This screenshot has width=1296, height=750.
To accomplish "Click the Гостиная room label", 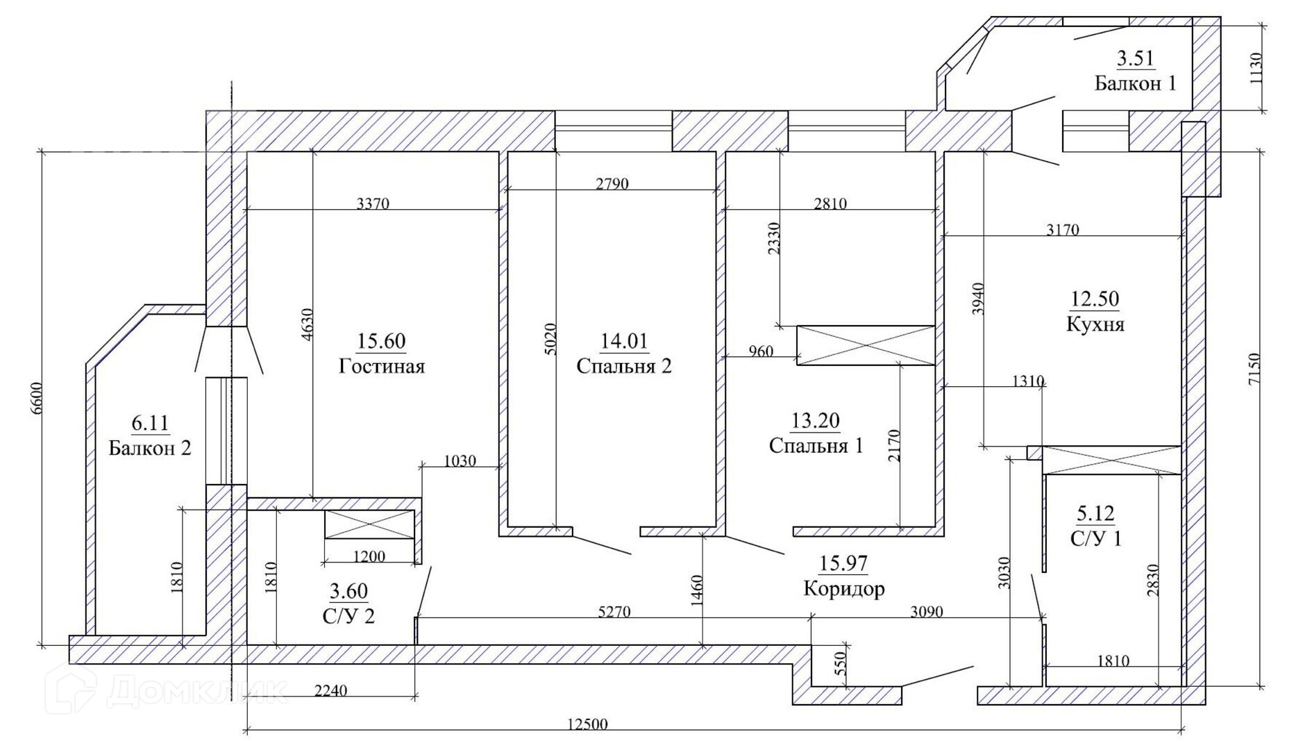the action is tap(381, 366).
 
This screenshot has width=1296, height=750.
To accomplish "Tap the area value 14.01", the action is tap(623, 341).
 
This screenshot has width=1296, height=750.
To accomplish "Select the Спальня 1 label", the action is tap(816, 445).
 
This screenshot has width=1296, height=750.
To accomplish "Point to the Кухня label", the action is tap(1095, 324).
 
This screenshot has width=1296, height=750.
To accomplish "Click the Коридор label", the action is tap(843, 589).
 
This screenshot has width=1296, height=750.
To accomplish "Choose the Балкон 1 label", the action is tap(1135, 83).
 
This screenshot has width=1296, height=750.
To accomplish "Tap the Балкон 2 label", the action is tap(149, 448).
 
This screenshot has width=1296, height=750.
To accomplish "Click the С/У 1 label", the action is tap(1095, 538).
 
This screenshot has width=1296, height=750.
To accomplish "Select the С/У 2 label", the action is tap(348, 616).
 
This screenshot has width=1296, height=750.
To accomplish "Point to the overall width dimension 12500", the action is tap(587, 724).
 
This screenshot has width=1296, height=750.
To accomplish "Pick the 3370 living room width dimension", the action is tap(373, 203).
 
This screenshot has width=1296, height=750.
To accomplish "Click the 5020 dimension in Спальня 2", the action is tap(550, 340).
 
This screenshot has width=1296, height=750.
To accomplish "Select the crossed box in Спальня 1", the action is tap(866, 345).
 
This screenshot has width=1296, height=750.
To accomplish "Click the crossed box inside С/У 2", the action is tap(369, 524).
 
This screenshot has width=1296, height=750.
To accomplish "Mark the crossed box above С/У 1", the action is tap(1112, 460).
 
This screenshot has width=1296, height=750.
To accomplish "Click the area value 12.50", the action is tap(1095, 299).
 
